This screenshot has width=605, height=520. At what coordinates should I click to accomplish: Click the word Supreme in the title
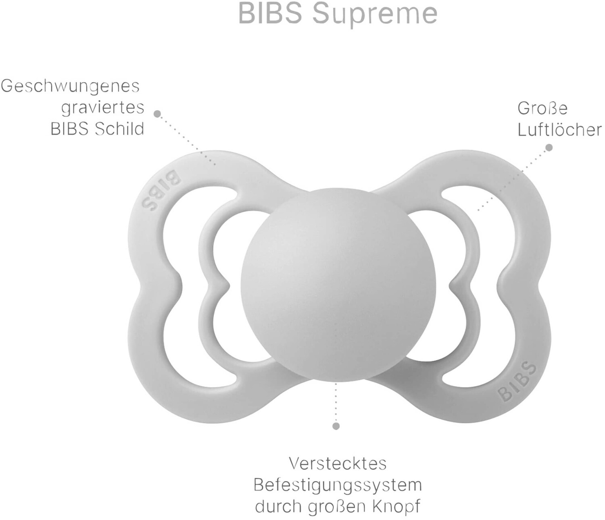point(375,14)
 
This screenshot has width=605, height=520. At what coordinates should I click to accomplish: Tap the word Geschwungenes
point(70,86)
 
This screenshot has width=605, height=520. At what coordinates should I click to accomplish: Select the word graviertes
point(102,108)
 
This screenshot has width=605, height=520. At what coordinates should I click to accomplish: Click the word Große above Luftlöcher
point(542,108)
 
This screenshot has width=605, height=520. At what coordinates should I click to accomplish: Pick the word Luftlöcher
point(560,130)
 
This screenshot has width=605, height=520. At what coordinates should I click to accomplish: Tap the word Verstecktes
point(338,463)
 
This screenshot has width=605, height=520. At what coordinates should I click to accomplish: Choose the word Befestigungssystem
point(338,485)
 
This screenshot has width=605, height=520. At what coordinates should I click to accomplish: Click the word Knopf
point(397,506)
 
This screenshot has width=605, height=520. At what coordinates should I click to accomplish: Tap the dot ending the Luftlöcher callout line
point(549,148)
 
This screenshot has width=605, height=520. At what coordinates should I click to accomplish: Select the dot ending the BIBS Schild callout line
point(157,114)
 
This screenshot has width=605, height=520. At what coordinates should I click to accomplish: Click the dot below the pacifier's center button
point(336,426)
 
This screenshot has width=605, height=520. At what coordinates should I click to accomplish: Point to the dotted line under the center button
point(336,403)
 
